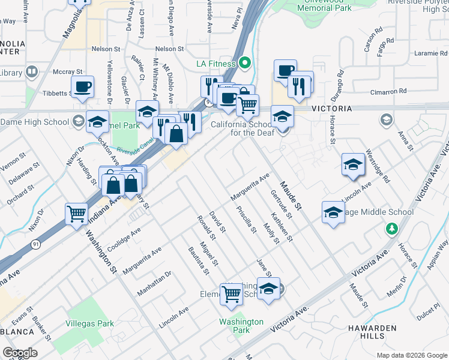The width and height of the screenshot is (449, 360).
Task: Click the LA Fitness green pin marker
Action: click(x=244, y=63)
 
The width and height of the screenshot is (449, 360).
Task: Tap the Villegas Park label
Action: click(x=90, y=323)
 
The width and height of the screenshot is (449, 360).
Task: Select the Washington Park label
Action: click(x=241, y=326)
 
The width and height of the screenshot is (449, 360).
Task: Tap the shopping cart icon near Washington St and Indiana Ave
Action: click(x=77, y=214)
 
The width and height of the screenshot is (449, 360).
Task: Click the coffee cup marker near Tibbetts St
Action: click(x=83, y=87)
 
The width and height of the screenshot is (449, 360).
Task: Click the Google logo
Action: click(x=20, y=353)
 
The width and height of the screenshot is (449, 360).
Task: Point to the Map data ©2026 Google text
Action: click(x=412, y=355)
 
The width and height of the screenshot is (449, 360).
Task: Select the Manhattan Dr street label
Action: click(x=154, y=283)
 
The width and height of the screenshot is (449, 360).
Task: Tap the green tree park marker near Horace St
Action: click(x=391, y=228)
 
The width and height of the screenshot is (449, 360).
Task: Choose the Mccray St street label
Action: click(x=63, y=71)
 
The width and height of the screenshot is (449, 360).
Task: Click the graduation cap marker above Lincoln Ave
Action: click(x=353, y=164)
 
